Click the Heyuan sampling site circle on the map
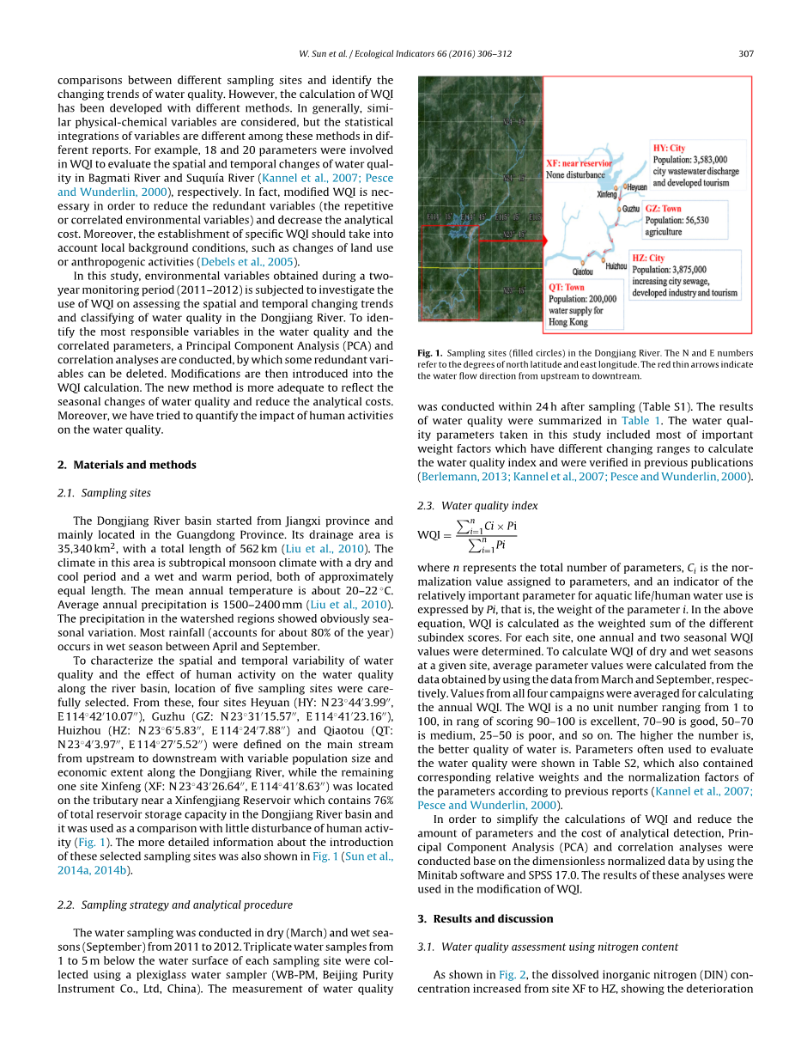point(625,186)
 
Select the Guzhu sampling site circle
point(618,208)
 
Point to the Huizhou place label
point(616,266)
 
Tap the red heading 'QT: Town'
point(567,288)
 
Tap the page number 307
point(745,53)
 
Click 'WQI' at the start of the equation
point(429,535)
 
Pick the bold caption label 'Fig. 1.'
point(429,353)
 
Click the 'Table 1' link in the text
point(641,421)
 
